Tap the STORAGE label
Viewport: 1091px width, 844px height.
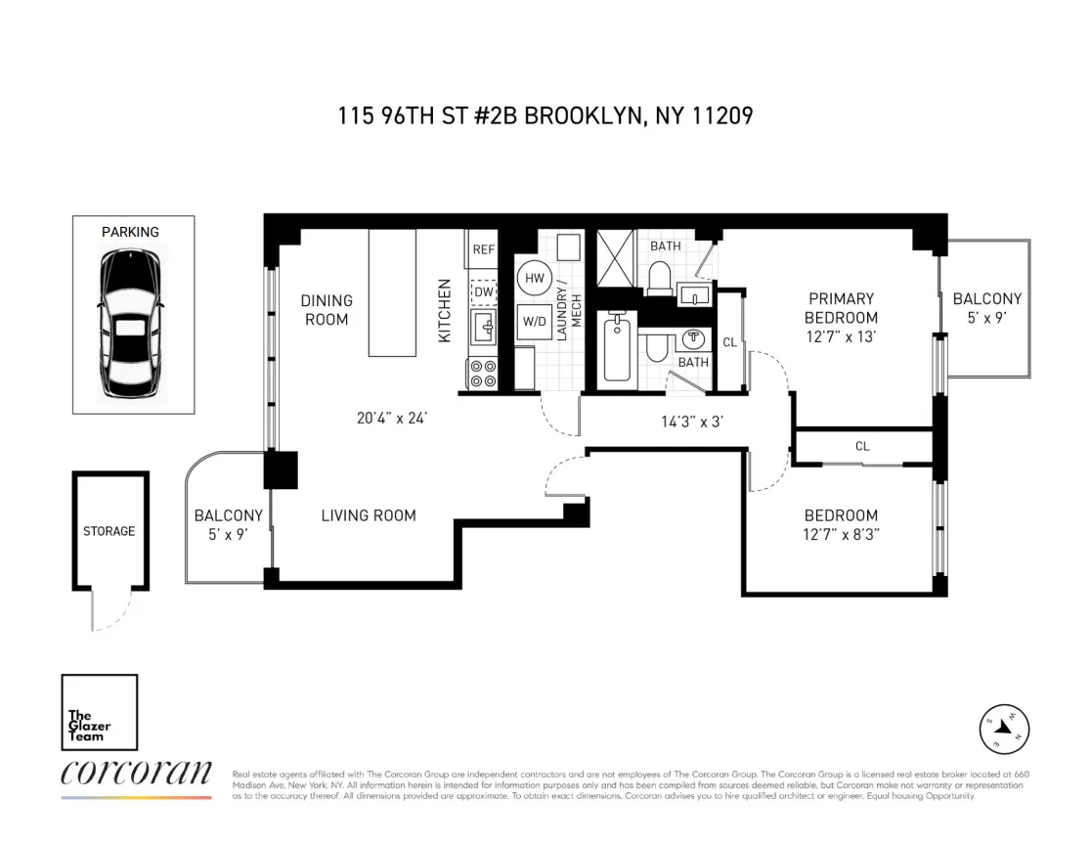(109, 531)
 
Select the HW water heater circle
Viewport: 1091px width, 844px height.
(535, 279)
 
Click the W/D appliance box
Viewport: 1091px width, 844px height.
(535, 320)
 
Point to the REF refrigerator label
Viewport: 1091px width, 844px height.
(484, 249)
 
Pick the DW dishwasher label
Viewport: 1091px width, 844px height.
(484, 291)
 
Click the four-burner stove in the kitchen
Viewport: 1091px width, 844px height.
(483, 375)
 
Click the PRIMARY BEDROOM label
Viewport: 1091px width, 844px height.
(841, 308)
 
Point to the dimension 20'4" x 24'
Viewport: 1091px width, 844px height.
(392, 418)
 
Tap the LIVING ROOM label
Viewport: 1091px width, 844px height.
(369, 515)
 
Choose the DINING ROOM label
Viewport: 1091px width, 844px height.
(327, 310)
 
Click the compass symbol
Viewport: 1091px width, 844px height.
(1005, 728)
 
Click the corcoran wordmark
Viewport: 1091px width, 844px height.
(136, 774)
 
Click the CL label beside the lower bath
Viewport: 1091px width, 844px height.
(729, 342)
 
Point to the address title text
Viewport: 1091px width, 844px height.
(545, 116)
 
